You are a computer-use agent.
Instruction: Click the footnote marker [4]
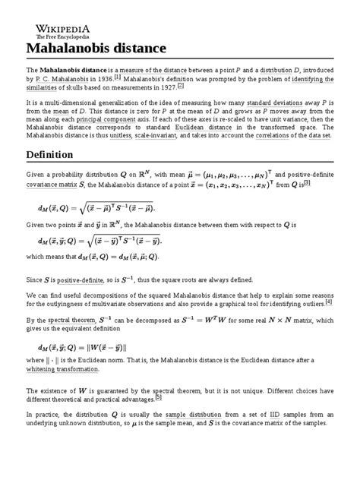328,301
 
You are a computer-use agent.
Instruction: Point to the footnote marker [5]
158,396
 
